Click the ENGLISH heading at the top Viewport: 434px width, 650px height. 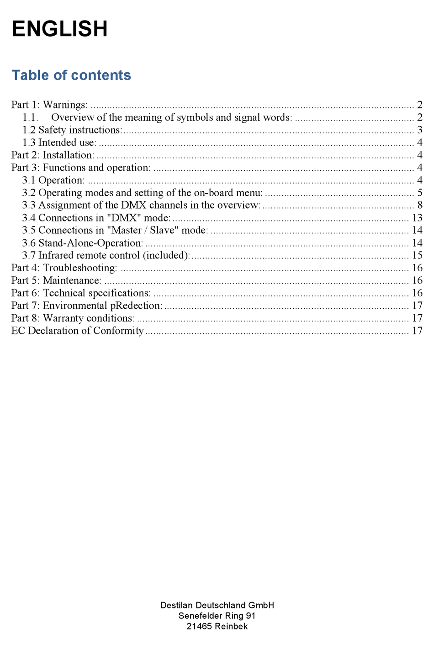[59, 29]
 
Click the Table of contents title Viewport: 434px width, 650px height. [71, 75]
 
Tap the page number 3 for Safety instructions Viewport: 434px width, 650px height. [419, 130]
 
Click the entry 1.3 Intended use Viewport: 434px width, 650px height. [59, 142]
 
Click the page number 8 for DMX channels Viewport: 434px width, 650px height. [419, 205]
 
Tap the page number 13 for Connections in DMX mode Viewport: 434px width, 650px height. [417, 218]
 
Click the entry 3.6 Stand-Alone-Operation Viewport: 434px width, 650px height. [83, 243]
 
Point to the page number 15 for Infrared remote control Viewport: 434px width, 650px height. [417, 255]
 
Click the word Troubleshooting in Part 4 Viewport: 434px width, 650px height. [80, 268]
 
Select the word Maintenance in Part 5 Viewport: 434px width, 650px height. [72, 280]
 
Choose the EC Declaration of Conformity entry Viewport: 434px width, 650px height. [77, 331]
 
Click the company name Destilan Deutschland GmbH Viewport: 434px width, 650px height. [217, 605]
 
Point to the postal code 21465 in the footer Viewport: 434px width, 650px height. [199, 626]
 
